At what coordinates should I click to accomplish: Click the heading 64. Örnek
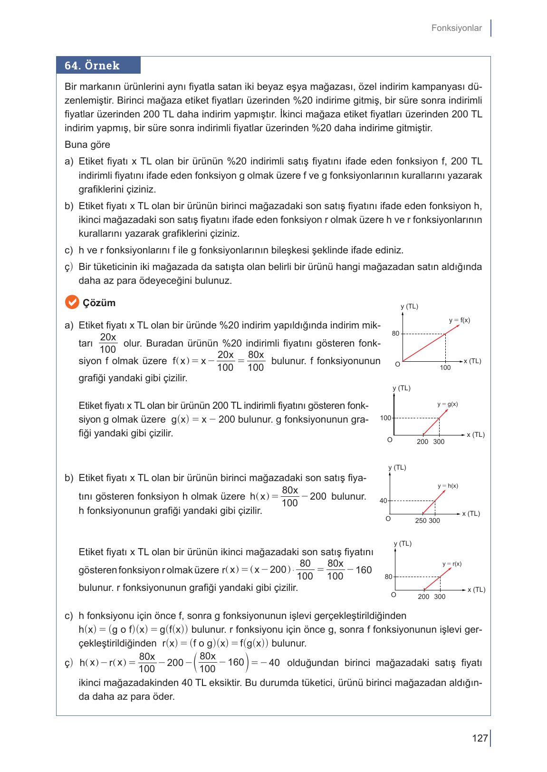92,66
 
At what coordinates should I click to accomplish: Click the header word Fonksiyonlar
456,28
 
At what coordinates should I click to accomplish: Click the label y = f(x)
460,320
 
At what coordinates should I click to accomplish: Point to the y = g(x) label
447,404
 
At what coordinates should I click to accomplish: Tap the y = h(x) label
448,486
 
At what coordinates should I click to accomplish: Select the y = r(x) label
451,564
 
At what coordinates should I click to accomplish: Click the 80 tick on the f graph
395,334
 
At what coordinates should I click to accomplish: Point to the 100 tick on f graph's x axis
445,367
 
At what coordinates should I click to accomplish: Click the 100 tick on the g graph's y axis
385,418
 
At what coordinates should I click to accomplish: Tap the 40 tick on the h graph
383,501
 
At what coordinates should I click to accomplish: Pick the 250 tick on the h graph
420,521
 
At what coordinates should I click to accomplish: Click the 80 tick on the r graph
388,577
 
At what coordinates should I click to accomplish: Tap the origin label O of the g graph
390,440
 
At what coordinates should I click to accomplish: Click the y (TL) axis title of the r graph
403,543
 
